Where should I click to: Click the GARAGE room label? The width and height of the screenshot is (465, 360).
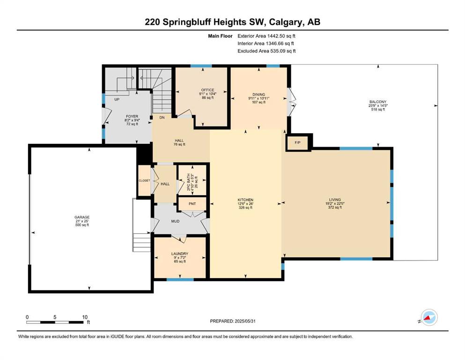(82, 217)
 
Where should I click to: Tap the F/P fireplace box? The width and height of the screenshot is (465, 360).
(298, 143)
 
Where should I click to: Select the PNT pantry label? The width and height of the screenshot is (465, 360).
(192, 204)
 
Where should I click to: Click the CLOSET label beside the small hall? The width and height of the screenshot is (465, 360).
(144, 180)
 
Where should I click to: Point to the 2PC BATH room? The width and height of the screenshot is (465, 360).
(192, 180)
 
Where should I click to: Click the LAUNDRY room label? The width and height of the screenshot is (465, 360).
(180, 254)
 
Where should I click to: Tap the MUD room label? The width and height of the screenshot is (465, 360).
(175, 221)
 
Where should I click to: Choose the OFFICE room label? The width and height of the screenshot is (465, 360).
(207, 90)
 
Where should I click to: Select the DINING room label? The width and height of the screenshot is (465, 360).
(259, 94)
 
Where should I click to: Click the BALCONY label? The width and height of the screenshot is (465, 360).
(378, 102)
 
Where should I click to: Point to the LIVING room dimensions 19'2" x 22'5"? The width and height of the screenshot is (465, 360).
(335, 203)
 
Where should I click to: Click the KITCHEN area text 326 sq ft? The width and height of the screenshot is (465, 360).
(245, 208)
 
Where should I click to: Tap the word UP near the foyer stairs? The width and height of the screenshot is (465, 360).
(117, 99)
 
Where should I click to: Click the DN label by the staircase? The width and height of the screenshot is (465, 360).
(162, 118)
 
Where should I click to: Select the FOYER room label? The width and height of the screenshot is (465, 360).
(132, 117)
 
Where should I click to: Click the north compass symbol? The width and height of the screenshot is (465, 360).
(428, 317)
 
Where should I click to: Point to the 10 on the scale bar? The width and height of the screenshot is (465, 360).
(85, 317)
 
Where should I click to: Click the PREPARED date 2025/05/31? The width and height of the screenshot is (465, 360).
(245, 321)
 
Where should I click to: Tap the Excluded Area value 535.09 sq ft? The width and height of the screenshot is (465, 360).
(283, 51)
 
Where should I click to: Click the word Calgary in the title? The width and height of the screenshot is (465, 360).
(287, 22)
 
